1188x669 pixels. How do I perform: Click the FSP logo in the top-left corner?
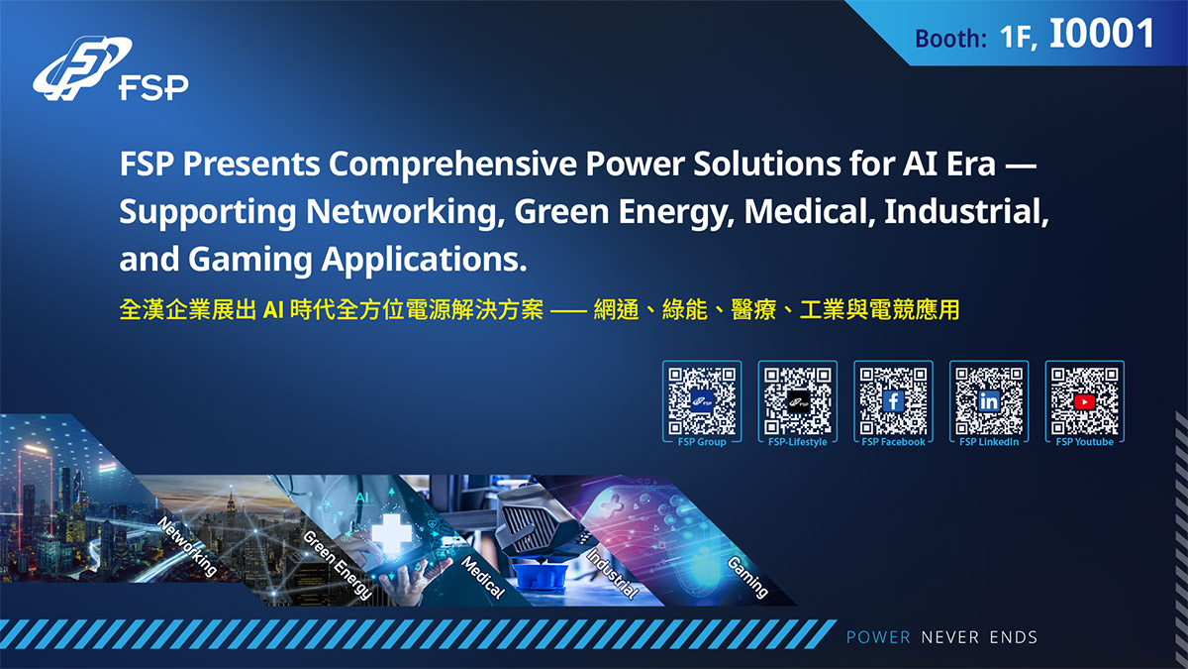tap(110, 68)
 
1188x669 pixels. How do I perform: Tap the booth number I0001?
tap(1102, 34)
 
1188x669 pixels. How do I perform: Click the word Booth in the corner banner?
tap(950, 39)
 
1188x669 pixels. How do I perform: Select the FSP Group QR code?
tap(702, 400)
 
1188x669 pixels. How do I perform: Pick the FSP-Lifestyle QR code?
tap(798, 400)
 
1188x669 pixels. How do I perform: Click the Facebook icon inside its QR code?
tap(893, 401)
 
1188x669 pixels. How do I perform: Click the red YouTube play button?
tap(1085, 402)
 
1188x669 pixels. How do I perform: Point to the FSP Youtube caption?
tap(1085, 442)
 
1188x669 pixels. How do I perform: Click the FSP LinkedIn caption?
tap(989, 442)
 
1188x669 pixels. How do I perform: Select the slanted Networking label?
tap(188, 546)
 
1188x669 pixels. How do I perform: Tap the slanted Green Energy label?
tap(338, 565)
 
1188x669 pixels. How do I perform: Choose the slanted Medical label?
tap(483, 577)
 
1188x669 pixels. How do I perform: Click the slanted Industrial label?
tap(612, 574)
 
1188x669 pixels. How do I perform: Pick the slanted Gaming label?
tap(747, 577)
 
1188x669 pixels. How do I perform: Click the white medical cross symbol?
tap(391, 534)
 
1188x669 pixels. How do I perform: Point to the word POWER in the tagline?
tap(878, 637)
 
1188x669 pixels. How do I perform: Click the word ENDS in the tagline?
tap(1014, 637)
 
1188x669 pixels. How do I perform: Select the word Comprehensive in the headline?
tap(452, 165)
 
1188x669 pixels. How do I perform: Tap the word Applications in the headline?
tap(424, 260)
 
